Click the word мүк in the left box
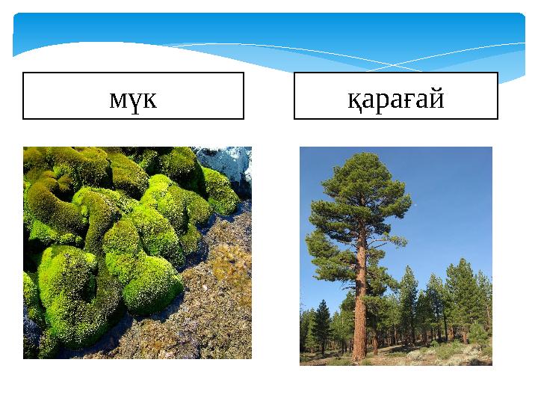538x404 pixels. coord(133,98)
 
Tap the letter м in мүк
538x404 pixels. coord(117,99)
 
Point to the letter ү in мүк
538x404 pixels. coord(134,100)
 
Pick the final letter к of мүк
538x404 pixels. coord(149,99)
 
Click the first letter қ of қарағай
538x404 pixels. coord(353,99)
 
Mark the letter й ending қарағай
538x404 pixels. coord(437,97)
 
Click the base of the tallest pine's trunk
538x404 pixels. coord(360,358)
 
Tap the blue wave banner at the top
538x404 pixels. coord(269,37)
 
